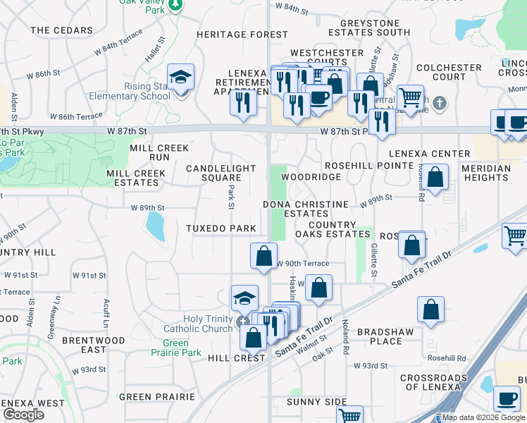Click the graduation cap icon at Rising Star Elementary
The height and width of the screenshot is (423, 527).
[180, 78]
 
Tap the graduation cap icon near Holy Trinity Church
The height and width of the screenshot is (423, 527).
[244, 298]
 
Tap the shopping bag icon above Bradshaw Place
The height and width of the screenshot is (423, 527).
[430, 309]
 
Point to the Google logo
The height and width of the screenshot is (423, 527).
[24, 415]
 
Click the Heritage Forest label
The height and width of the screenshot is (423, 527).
[242, 35]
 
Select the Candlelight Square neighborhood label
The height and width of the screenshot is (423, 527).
[213, 173]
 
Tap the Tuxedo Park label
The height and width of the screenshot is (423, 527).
[221, 228]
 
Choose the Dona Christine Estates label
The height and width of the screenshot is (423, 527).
[306, 209]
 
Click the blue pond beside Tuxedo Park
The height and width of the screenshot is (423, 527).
[154, 226]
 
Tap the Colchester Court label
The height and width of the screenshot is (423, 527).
[448, 73]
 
